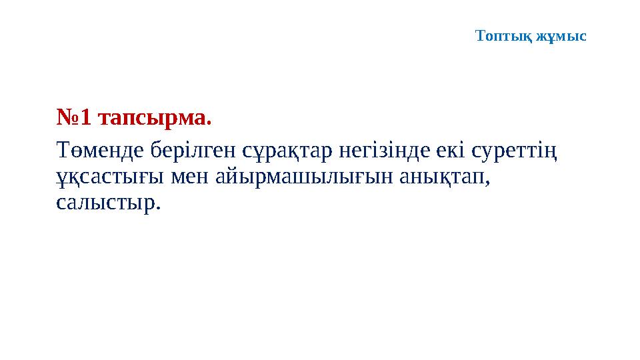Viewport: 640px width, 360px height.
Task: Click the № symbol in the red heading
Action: tap(67, 118)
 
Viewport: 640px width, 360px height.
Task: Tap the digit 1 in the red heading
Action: tap(85, 118)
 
